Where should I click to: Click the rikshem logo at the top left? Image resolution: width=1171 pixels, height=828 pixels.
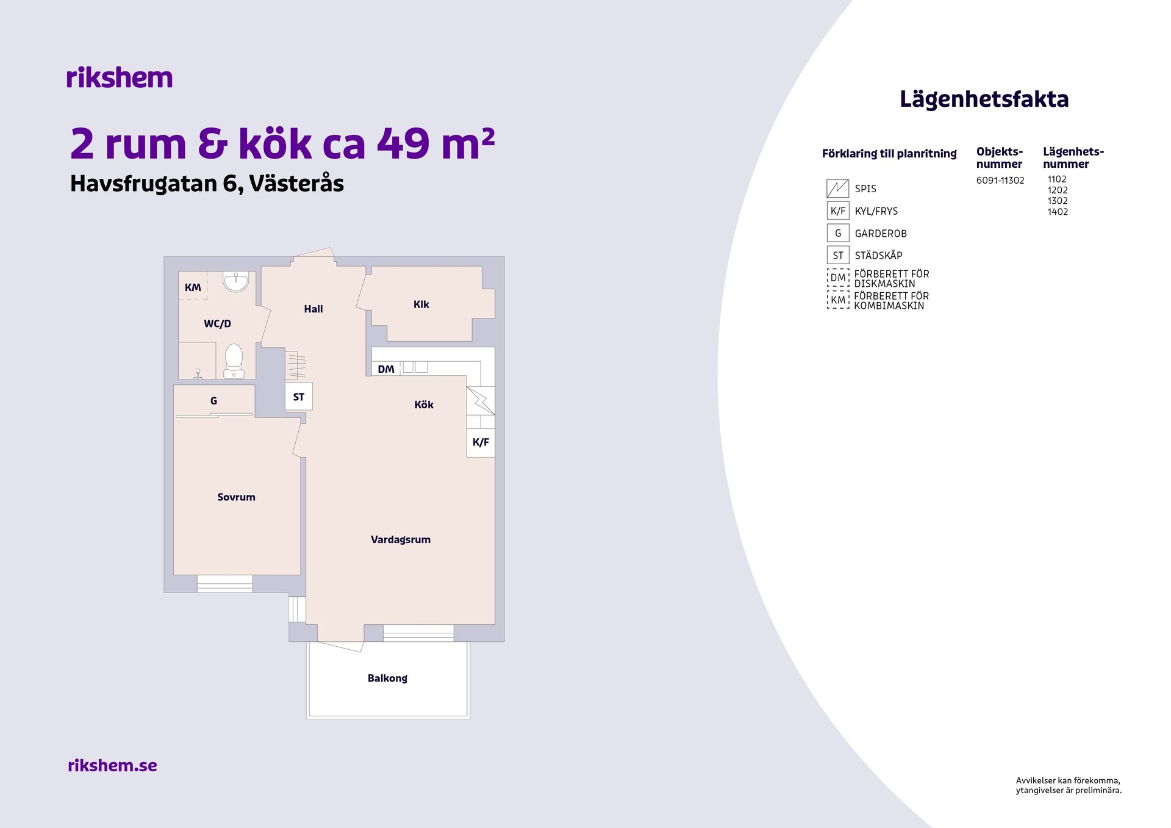pos(120,77)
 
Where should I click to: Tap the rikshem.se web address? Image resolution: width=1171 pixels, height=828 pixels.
pos(112,765)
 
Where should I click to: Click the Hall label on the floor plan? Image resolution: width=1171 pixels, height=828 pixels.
pos(313,309)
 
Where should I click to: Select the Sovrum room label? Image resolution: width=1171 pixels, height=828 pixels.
pos(236,497)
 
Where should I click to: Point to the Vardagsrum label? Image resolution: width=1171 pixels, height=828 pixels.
pos(401,539)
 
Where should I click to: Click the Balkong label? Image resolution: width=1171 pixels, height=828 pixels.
pos(387,678)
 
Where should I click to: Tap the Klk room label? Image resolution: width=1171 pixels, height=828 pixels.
pos(421,304)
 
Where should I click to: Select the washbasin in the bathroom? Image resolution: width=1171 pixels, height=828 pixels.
pos(235,281)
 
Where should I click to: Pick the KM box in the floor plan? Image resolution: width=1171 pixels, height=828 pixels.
pos(193,286)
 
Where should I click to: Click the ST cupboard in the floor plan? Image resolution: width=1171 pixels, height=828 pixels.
pos(299,397)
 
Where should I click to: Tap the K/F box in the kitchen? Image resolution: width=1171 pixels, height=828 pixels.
pos(481,442)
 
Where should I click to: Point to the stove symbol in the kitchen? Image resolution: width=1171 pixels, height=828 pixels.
pos(481,400)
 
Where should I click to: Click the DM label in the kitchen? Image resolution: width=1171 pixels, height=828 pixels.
pos(386,369)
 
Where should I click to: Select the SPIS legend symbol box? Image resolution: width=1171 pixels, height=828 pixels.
pos(837,189)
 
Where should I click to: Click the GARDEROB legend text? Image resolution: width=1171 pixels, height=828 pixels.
pos(881,234)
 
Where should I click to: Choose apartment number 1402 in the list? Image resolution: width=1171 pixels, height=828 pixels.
pos(1058,212)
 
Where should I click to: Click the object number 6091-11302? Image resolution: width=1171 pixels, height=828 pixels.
pos(1000,181)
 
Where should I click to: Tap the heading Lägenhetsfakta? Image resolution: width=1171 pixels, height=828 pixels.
pos(984,99)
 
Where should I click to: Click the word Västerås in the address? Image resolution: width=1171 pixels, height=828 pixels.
pos(296,183)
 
